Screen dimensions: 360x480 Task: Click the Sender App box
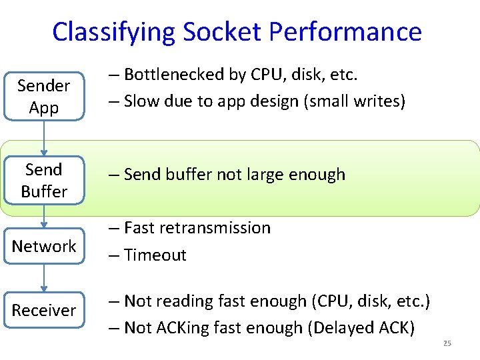click(x=44, y=97)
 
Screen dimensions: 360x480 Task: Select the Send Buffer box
click(x=44, y=181)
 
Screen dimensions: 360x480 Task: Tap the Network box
click(x=44, y=246)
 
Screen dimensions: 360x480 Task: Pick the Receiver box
click(x=44, y=310)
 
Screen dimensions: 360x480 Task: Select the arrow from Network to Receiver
click(x=44, y=278)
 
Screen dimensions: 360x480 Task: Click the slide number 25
click(x=447, y=343)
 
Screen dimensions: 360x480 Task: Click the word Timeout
click(x=155, y=255)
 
